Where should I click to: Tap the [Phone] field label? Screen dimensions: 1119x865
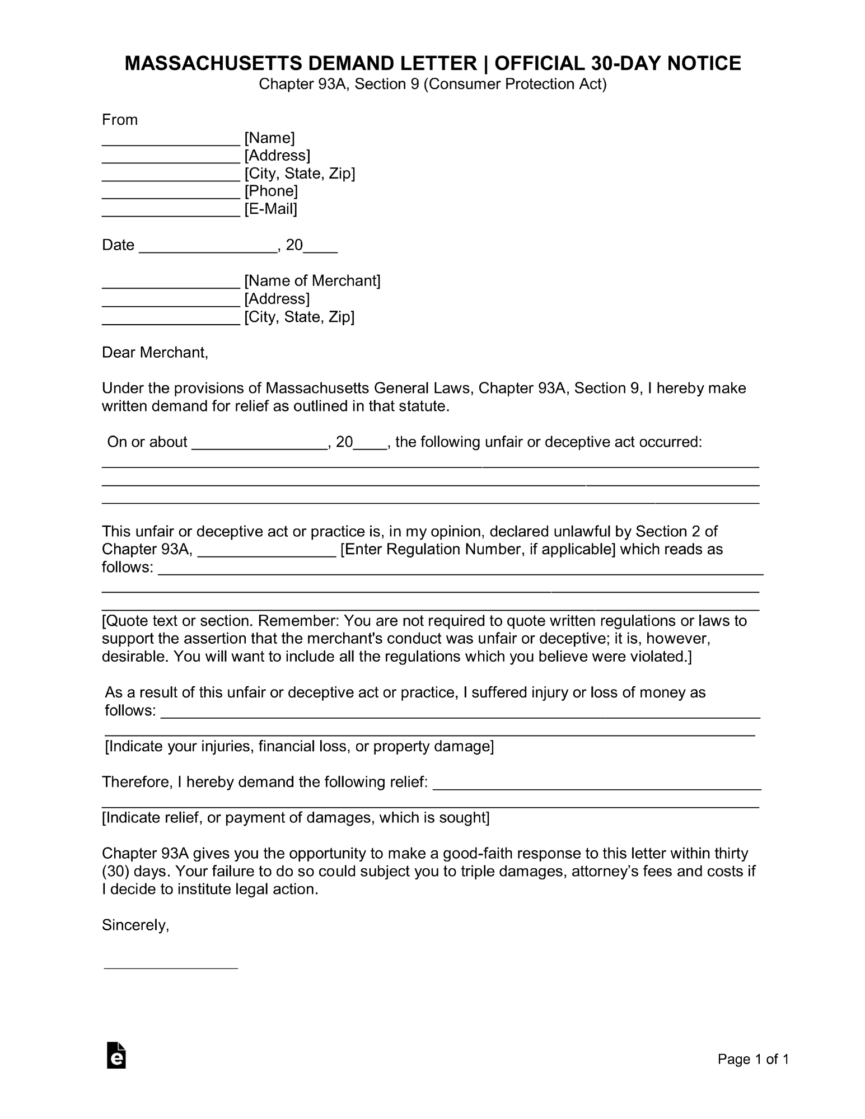271,191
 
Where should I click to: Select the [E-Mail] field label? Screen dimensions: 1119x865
270,209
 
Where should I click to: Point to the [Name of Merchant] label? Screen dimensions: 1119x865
312,280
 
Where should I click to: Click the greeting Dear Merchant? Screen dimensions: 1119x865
155,353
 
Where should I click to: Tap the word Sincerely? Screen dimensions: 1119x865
135,925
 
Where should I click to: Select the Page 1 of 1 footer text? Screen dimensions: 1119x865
754,1059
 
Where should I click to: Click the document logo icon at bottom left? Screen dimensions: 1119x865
116,1056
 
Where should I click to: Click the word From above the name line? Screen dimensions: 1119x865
120,120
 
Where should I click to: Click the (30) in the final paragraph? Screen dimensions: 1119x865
116,872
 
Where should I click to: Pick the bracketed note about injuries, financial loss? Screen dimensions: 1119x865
299,746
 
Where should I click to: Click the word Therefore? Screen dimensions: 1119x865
137,782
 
